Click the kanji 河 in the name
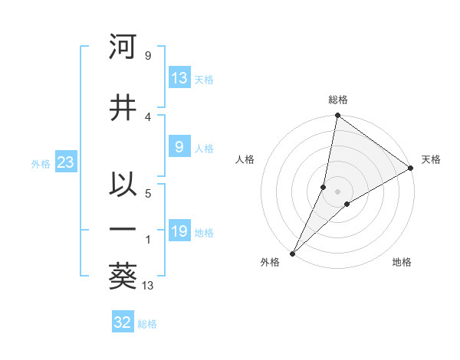coord(123,47)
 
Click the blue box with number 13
coord(179,78)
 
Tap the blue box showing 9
coord(179,147)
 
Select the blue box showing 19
coord(179,231)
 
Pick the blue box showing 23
coord(65,162)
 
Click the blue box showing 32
coord(123,322)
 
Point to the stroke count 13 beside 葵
coord(148,286)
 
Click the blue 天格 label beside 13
coord(204,80)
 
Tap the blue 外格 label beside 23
coord(41,163)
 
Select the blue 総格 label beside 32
coord(147,324)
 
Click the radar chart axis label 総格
coord(337,100)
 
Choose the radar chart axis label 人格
coord(245,159)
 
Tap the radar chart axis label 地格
coord(402,262)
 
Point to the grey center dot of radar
coord(337,191)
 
